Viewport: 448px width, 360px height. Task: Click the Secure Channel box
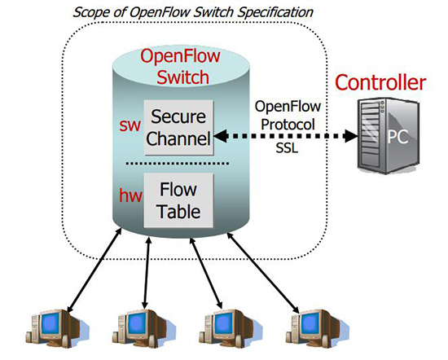[x=178, y=128]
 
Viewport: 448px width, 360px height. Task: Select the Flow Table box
[x=178, y=200]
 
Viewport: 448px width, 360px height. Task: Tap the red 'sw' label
[x=130, y=125]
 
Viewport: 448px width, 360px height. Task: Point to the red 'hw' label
[x=130, y=195]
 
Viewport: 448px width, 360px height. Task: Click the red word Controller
[x=380, y=82]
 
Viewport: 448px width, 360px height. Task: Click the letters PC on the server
[x=397, y=137]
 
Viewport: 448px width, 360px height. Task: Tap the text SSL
[x=287, y=147]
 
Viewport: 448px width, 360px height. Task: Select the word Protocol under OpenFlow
[x=288, y=125]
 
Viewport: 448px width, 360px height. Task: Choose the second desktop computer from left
[x=143, y=328]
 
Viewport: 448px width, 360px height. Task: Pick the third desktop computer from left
[x=230, y=328]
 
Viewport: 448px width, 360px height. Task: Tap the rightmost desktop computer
[x=317, y=328]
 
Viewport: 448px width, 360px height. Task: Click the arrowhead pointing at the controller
[x=351, y=136]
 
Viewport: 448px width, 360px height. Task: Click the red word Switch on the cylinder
[x=182, y=77]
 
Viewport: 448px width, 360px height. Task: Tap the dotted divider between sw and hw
[x=178, y=164]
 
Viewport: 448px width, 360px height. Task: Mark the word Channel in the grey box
[x=178, y=138]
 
